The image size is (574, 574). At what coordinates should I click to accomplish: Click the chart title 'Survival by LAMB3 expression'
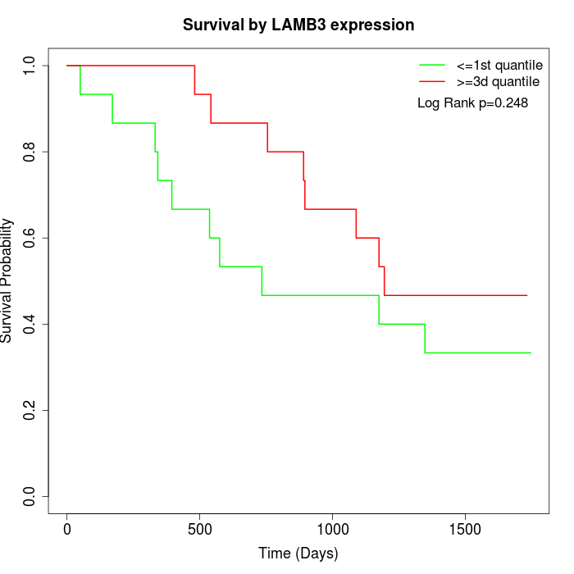coord(298,25)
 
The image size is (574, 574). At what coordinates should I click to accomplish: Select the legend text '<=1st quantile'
coord(498,64)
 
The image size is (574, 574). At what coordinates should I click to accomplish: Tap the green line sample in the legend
coord(432,64)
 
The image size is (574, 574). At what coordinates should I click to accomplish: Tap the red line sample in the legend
coord(432,81)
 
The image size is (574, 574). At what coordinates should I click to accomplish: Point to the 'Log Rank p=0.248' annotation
coord(472,103)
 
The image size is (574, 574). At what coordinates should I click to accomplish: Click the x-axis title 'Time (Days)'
coord(298,553)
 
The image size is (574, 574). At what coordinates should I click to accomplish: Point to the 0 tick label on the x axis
coord(67,528)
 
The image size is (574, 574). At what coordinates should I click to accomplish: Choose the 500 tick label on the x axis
coord(200,528)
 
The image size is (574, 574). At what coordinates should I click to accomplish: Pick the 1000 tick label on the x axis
coord(332,528)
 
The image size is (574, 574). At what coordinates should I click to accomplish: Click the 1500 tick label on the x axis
coord(465,528)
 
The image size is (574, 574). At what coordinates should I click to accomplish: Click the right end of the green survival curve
coord(531,353)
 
